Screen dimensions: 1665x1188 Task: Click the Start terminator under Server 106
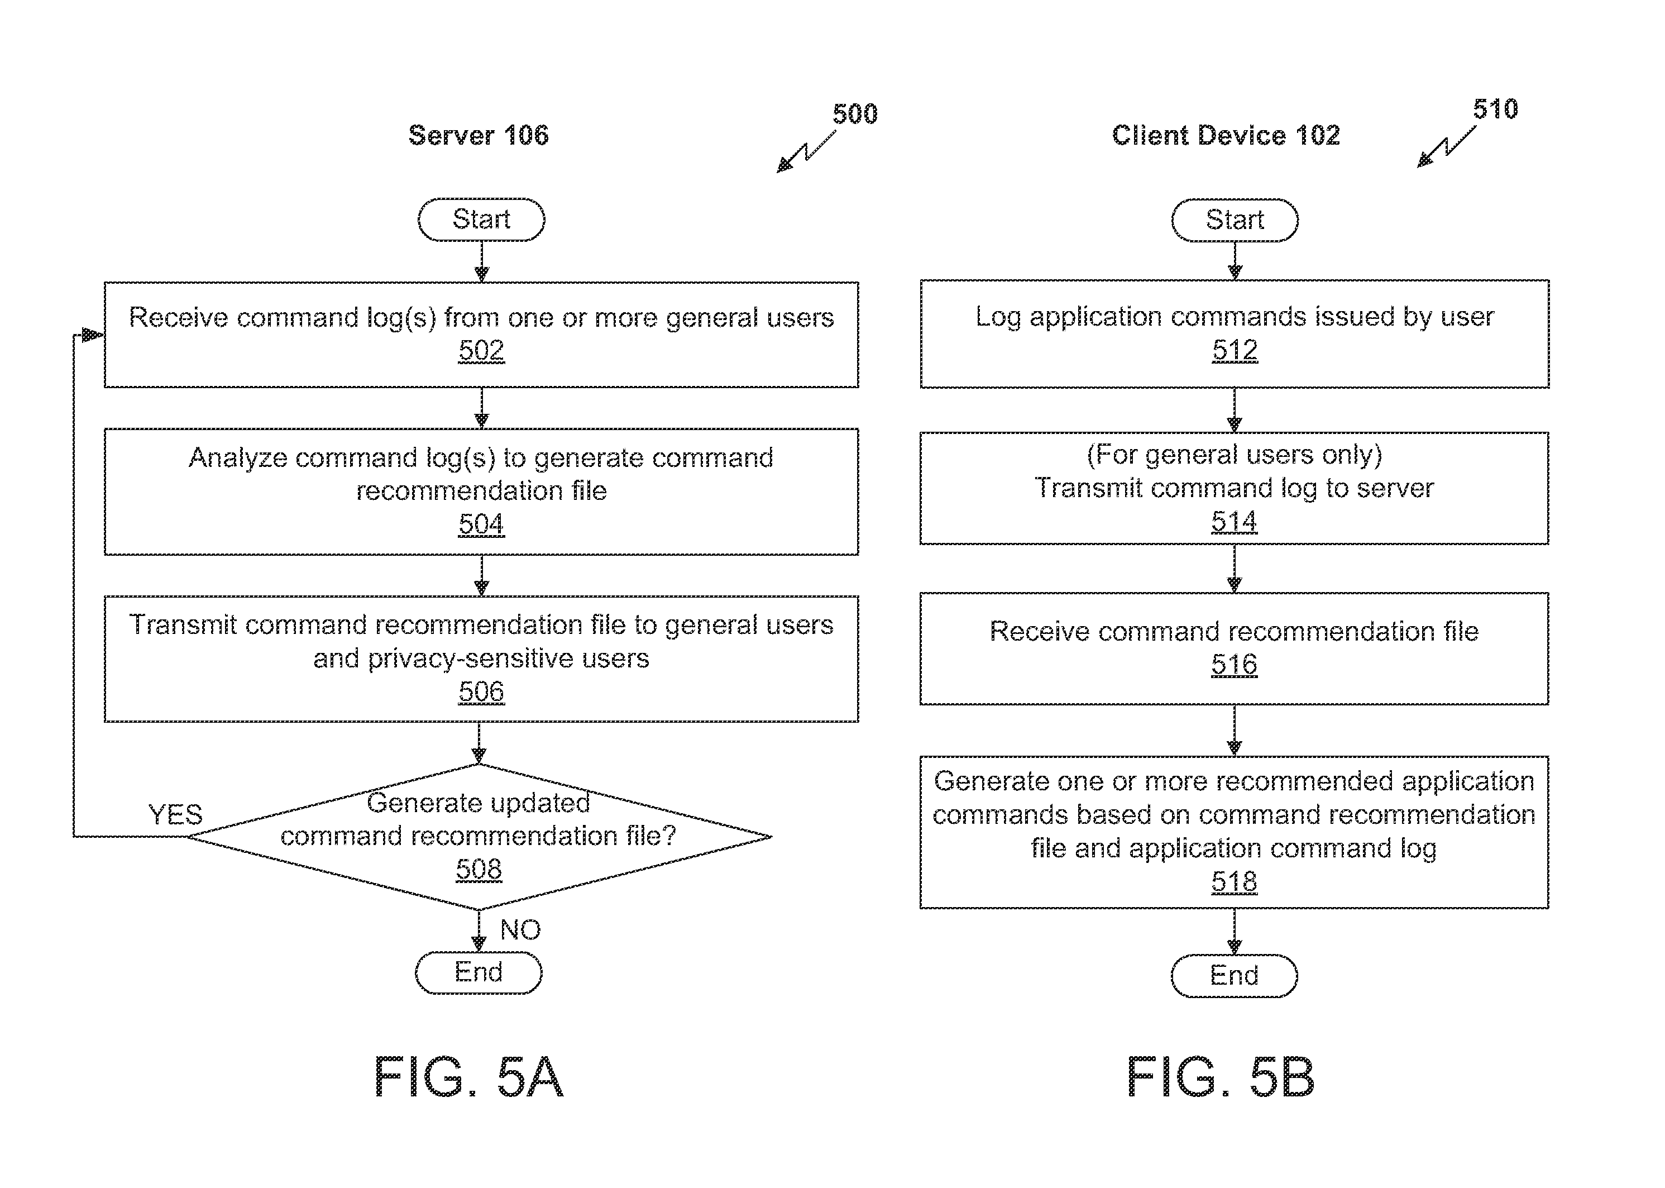click(481, 220)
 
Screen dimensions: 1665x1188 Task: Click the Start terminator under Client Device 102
click(1235, 220)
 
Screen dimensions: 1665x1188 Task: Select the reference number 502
click(481, 350)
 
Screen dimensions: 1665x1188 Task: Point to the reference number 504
click(481, 524)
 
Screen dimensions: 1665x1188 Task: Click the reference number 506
click(481, 691)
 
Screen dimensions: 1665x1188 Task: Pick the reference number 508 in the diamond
click(479, 869)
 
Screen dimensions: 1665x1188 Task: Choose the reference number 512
click(1235, 350)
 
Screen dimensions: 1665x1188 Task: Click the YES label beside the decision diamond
click(175, 814)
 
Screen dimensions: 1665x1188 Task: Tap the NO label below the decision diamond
click(520, 930)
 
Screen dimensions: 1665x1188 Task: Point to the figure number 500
click(855, 114)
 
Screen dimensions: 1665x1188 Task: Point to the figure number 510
click(1495, 109)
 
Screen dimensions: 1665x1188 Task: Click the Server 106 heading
click(478, 135)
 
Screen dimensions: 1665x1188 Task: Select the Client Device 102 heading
click(1226, 135)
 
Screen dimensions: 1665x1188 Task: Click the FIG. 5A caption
click(468, 1077)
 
